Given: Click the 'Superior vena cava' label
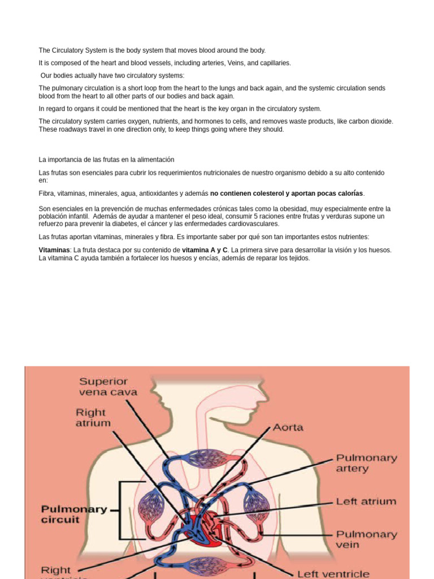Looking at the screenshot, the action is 108,386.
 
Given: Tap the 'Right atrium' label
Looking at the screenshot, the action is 93,417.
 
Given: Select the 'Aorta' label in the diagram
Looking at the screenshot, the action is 288,427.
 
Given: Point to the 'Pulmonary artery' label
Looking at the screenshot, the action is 366,463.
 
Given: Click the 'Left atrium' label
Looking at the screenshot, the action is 366,502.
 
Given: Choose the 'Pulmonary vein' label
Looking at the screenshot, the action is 366,539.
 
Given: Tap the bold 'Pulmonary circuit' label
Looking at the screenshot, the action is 74,514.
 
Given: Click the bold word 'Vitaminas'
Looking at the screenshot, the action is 54,250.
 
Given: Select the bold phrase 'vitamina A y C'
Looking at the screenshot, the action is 205,250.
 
